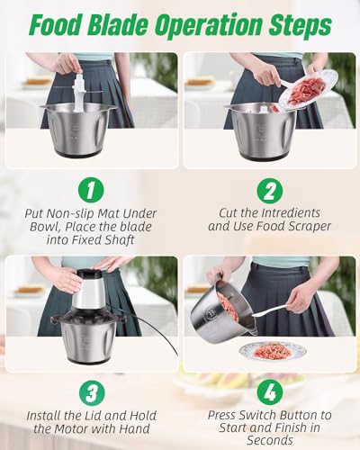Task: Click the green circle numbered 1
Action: (91, 191)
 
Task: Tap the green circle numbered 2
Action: (270, 191)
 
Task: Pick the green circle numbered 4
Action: (270, 392)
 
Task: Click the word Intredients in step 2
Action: (291, 213)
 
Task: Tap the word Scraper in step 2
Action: (310, 226)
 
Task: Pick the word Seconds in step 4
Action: (270, 440)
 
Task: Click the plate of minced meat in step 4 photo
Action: (273, 351)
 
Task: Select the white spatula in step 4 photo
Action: (270, 310)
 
